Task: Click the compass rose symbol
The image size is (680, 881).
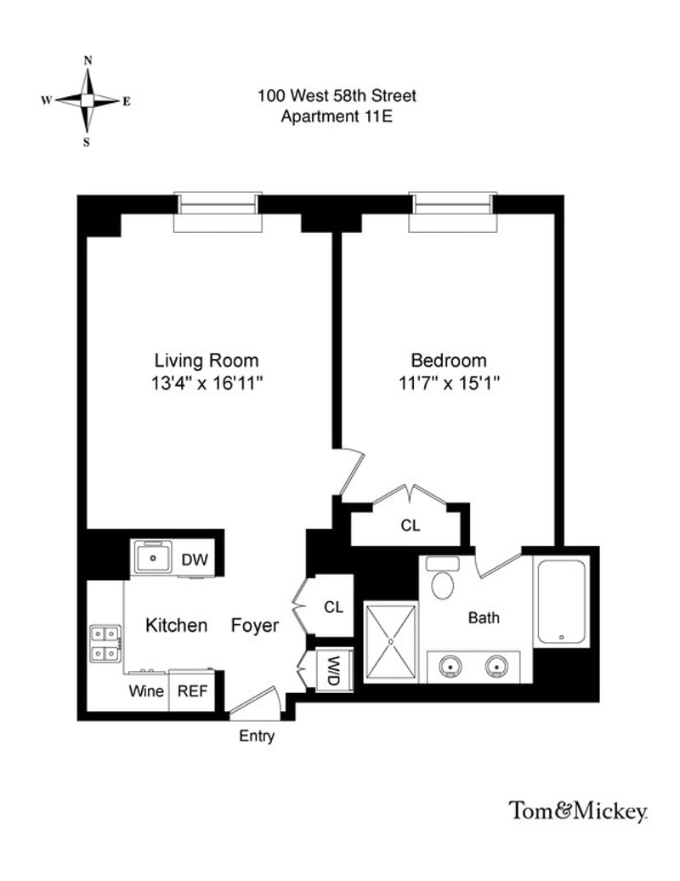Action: coord(87,100)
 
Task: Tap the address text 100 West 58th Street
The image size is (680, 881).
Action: coord(337,96)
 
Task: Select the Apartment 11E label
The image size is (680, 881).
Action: coord(337,117)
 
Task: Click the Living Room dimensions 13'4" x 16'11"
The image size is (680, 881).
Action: coord(207,383)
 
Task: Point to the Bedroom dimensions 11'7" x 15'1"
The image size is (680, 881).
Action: coord(449,383)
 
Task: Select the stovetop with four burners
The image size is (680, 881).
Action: coord(105,643)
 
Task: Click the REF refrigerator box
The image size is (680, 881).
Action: coord(191,691)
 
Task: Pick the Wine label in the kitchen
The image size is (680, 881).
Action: coord(146,691)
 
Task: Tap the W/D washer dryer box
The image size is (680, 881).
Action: coord(334,670)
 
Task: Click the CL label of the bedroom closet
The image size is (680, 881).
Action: coord(410,526)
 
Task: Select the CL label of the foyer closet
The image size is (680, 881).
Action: coord(333,607)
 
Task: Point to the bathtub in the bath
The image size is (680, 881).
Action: coord(561,601)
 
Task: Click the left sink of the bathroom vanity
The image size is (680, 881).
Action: coord(451,666)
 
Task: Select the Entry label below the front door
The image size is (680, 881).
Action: coord(256,736)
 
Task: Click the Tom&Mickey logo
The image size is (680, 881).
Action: coord(578,811)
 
